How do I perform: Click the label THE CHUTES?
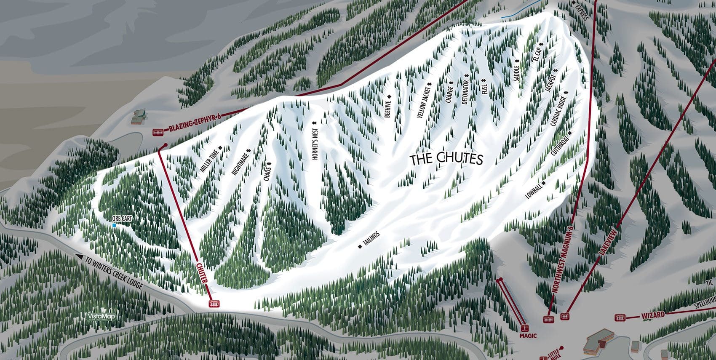pyautogui.click(x=446, y=159)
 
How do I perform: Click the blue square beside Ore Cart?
pyautogui.click(x=114, y=225)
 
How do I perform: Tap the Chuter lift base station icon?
pyautogui.click(x=214, y=304)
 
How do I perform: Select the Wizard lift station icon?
pyautogui.click(x=620, y=317)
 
